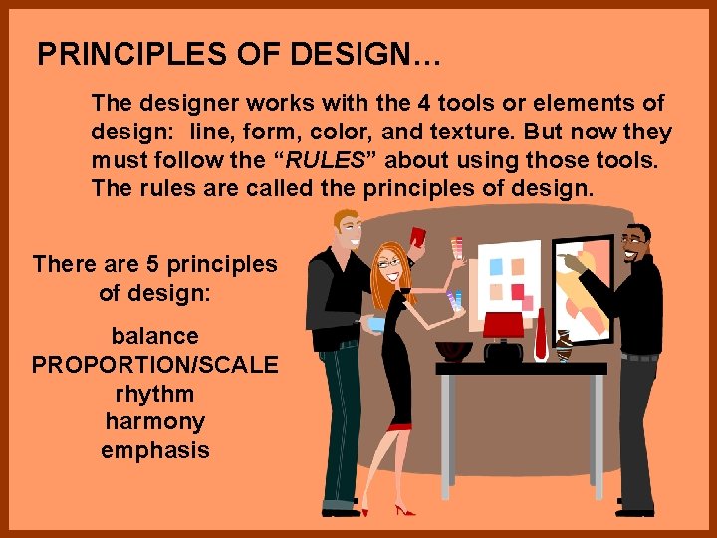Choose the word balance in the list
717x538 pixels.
[154, 336]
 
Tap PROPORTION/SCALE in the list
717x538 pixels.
[154, 365]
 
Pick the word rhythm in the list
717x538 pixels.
[154, 393]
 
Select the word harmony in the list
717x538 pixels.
[154, 421]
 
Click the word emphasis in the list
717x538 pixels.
[154, 450]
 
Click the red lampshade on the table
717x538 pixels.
[503, 324]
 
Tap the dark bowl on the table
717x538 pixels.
[454, 350]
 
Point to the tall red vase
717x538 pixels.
[540, 334]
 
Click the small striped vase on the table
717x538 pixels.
[564, 345]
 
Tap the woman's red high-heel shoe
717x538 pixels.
[404, 510]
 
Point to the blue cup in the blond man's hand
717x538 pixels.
[375, 324]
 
